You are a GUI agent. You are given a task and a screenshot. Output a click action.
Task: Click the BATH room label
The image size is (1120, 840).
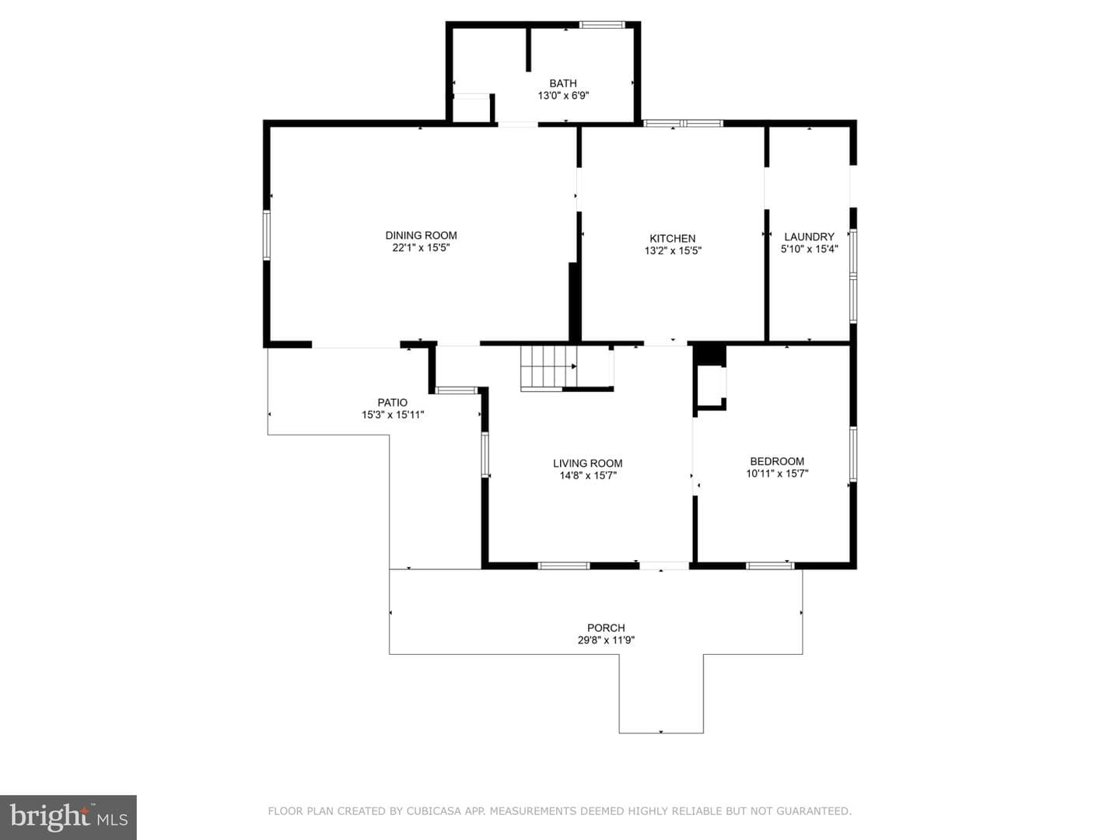(x=563, y=83)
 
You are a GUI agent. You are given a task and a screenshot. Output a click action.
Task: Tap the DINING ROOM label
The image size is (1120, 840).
(x=421, y=235)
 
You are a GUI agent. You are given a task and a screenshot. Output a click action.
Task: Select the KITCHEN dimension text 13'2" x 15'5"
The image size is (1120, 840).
(x=673, y=250)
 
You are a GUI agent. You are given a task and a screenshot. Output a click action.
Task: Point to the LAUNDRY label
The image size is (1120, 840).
(x=809, y=236)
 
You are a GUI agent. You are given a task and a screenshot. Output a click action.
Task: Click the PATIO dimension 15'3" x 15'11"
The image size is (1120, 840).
(x=393, y=415)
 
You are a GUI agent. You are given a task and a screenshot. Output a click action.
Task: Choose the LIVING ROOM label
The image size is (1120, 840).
(x=588, y=463)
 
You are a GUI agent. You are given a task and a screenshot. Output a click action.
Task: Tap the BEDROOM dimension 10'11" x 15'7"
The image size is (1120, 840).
(x=777, y=474)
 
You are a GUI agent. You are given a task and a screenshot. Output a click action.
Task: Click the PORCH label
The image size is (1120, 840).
(x=606, y=628)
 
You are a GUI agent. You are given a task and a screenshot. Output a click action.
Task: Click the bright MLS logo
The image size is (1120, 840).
(x=68, y=817)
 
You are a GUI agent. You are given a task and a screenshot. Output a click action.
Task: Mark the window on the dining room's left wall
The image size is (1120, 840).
(x=266, y=235)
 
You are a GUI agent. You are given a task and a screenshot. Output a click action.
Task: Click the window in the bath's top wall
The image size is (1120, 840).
(x=602, y=24)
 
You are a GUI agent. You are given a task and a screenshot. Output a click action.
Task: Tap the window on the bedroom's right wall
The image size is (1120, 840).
(x=852, y=454)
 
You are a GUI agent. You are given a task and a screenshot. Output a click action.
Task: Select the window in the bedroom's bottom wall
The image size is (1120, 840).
(x=770, y=565)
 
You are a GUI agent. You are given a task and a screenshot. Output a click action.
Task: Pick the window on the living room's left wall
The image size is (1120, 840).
(x=485, y=455)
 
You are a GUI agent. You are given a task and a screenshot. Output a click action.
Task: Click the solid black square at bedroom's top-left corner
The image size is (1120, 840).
(x=709, y=355)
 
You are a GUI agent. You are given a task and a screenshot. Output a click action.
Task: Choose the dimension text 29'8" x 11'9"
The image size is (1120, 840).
(x=606, y=640)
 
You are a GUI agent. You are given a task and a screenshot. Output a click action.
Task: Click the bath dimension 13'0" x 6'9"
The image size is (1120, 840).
(x=563, y=96)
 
